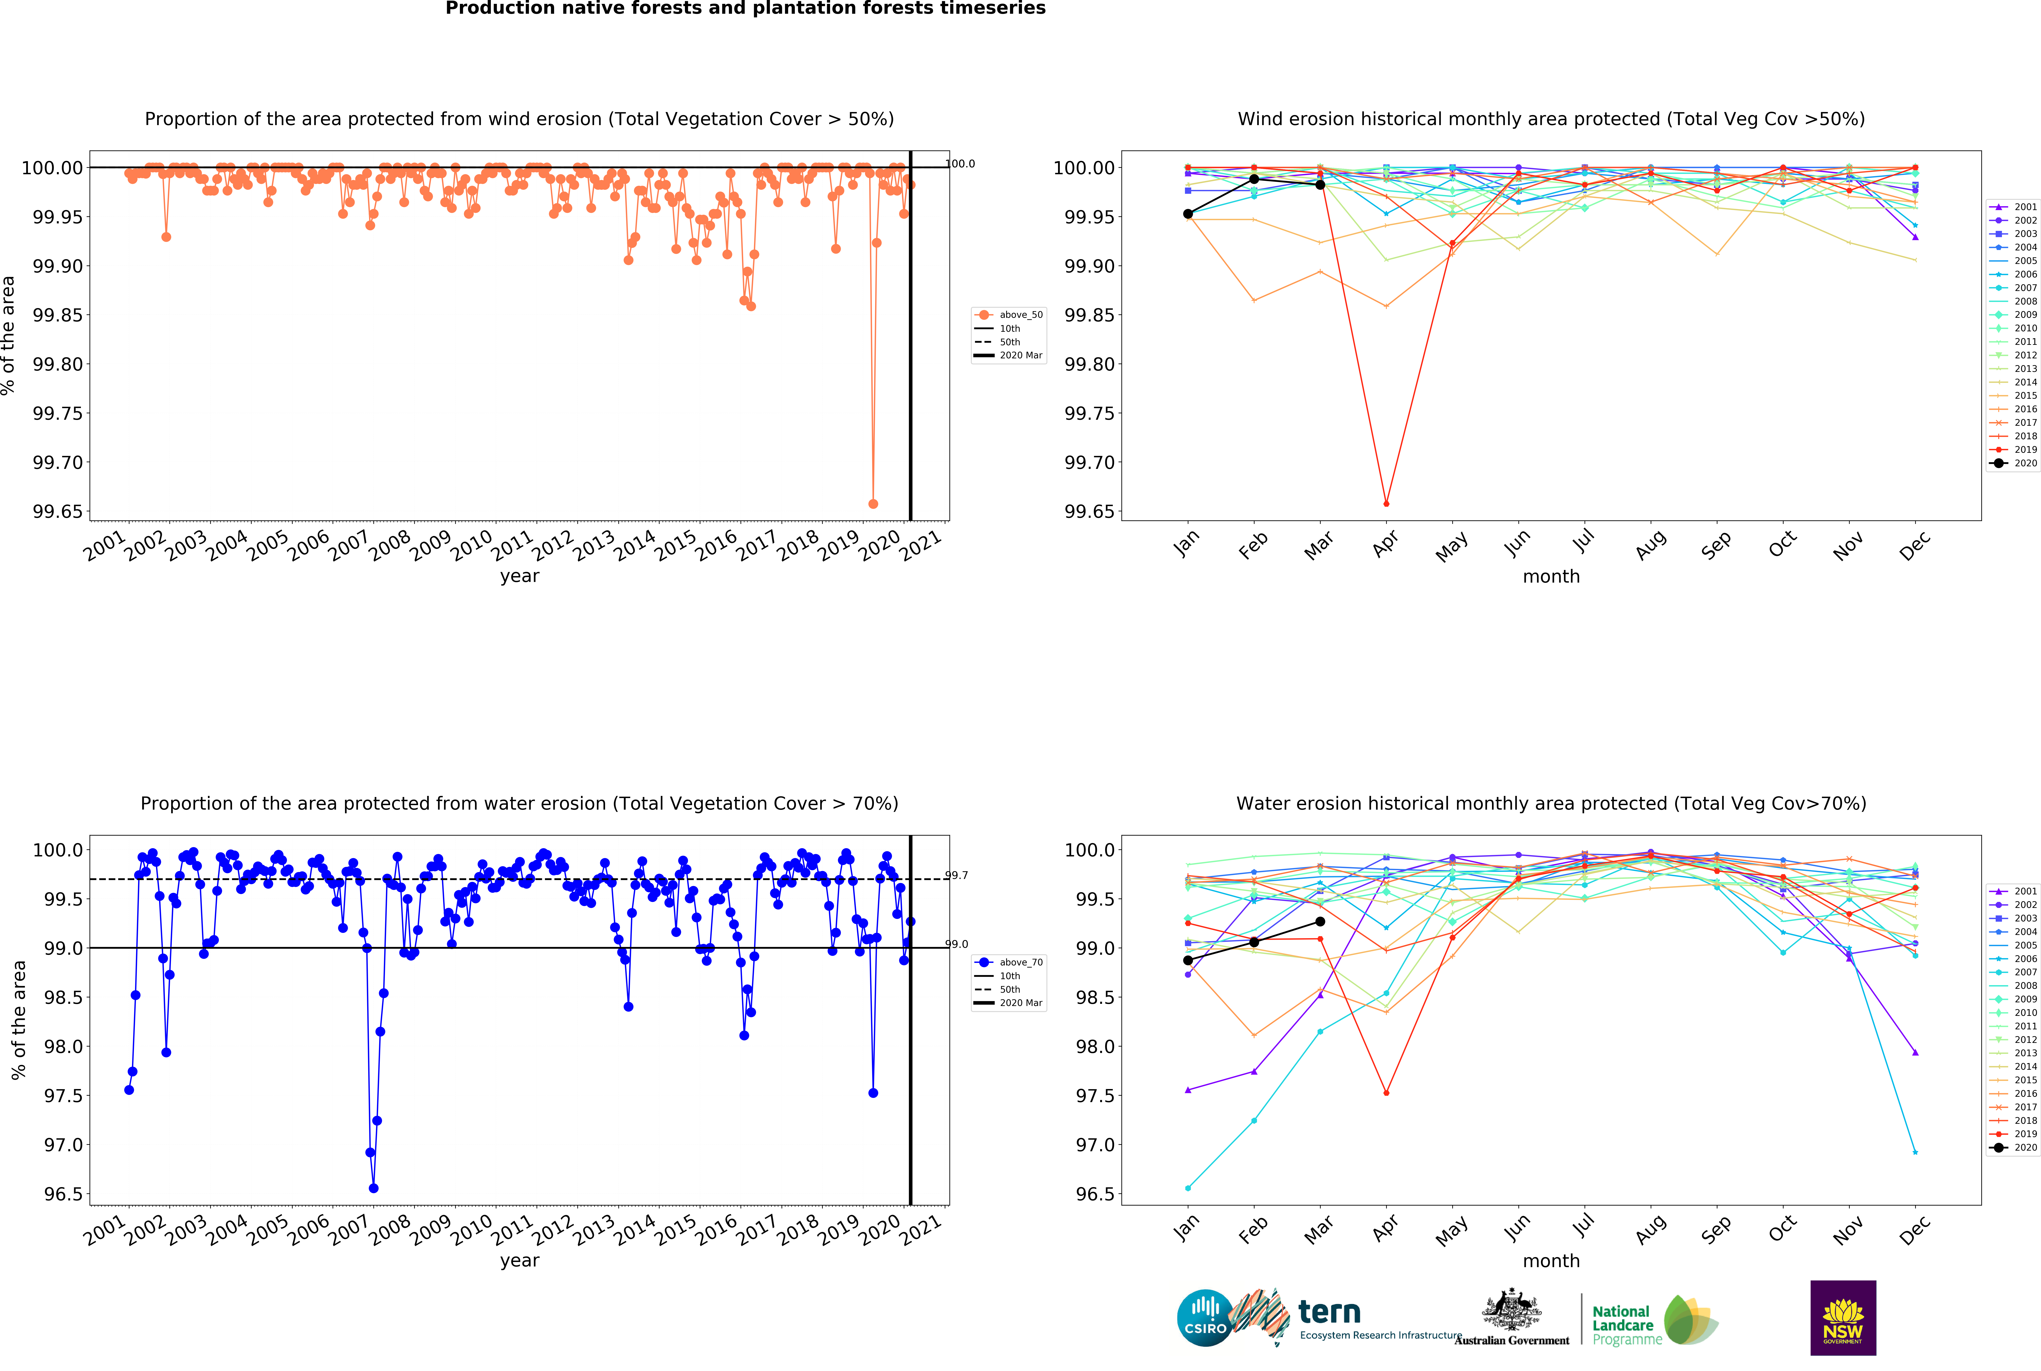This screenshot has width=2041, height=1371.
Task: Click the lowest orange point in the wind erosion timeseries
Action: coord(872,504)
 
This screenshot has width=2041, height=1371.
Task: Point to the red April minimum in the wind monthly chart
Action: coord(1386,504)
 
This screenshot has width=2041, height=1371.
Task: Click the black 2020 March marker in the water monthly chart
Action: coord(1320,922)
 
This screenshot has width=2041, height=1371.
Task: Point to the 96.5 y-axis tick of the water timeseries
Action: coord(63,1194)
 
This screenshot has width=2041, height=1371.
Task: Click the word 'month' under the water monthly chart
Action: coord(1551,1261)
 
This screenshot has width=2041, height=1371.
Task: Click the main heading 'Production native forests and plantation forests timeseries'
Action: coord(745,9)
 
